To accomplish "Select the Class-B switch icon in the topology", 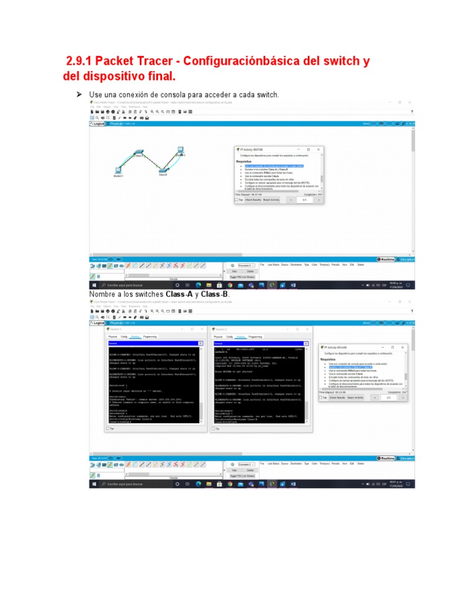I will click(x=163, y=169).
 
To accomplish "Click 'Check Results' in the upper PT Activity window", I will click(x=253, y=200).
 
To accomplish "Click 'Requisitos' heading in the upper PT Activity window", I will click(x=244, y=160).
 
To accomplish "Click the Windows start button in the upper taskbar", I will click(x=93, y=285).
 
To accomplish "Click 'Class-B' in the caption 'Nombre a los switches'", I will click(x=216, y=294).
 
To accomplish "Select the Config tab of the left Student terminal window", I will click(x=124, y=337).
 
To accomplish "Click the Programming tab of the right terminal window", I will click(x=255, y=337).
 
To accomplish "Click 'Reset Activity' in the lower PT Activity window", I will click(x=355, y=397).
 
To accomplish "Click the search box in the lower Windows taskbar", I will click(x=129, y=484).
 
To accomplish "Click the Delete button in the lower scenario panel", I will click(x=250, y=470).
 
